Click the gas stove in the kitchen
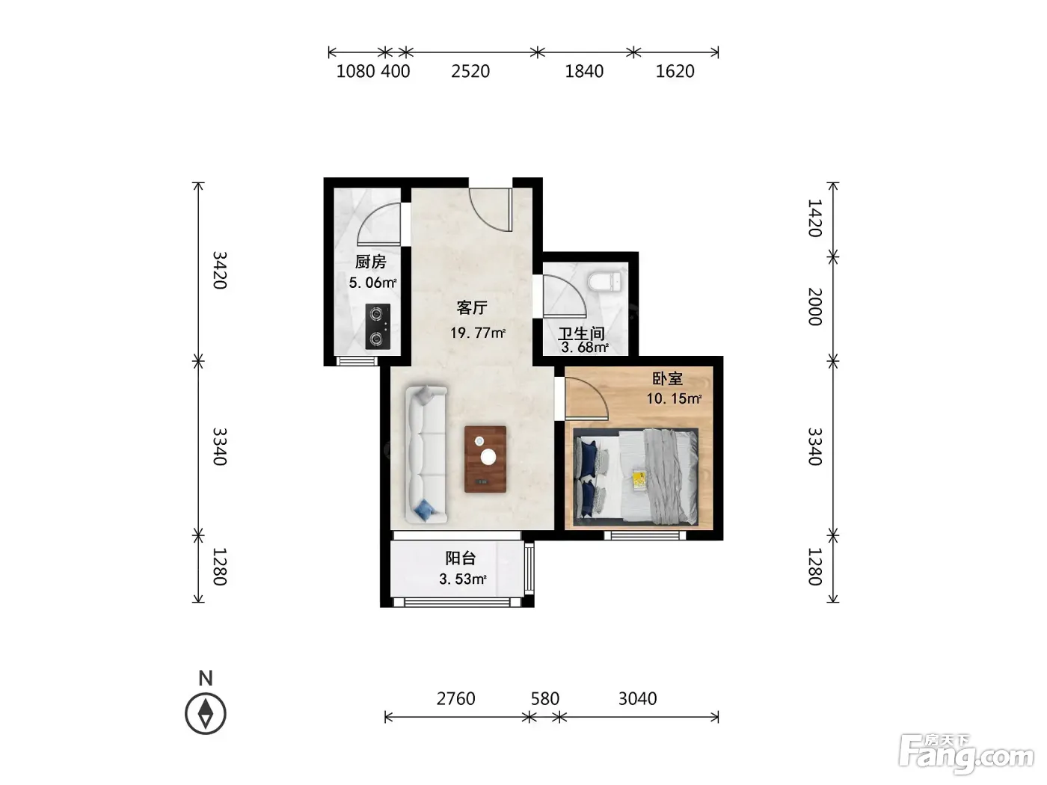tap(378, 327)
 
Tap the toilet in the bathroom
tap(605, 281)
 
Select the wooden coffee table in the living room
tap(485, 459)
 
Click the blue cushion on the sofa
tap(425, 511)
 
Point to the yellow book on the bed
tap(639, 479)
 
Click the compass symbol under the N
tap(206, 713)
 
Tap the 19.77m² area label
tap(477, 332)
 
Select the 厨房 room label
tap(371, 262)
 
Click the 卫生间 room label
tap(581, 333)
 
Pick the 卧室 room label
tap(667, 378)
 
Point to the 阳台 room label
tap(460, 558)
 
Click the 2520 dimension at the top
tap(470, 71)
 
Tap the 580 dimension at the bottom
tap(544, 699)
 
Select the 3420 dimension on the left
tap(219, 270)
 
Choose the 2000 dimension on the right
tap(814, 307)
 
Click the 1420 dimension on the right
tap(814, 218)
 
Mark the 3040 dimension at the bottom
tap(638, 699)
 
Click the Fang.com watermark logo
tap(966, 754)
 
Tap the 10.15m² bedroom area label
tap(674, 398)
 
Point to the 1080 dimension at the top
tap(355, 71)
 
